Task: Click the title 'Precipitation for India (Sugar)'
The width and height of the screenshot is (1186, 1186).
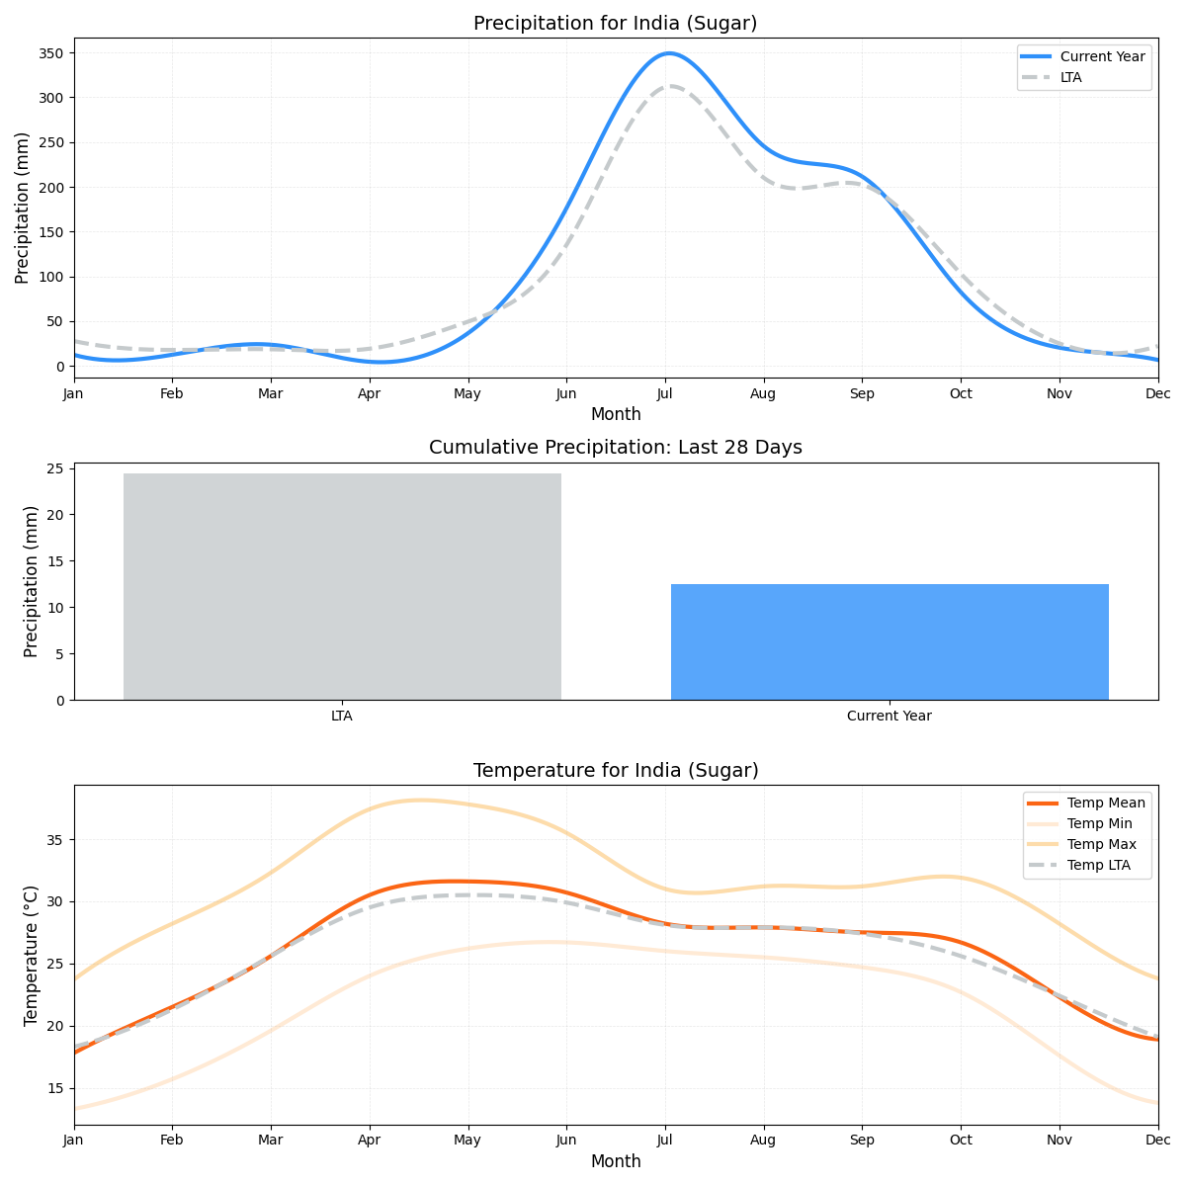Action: click(615, 23)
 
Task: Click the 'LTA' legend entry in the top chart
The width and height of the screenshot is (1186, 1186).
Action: click(1070, 77)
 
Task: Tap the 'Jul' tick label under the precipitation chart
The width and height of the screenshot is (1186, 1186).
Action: click(664, 393)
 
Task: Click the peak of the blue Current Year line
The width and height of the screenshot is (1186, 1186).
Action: click(669, 53)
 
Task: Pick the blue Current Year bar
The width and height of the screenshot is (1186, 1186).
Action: click(889, 641)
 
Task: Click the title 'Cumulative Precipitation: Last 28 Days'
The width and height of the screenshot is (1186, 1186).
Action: click(615, 448)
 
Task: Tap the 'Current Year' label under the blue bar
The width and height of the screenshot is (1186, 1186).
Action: click(889, 716)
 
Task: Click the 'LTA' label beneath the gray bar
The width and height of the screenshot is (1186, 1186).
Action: click(342, 716)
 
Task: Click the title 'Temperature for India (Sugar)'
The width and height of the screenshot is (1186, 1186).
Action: click(615, 770)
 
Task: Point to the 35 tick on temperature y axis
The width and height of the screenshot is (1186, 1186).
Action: click(56, 840)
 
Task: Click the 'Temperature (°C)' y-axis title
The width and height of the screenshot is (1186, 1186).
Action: click(32, 955)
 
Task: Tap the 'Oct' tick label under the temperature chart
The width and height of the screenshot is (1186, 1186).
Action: click(961, 1140)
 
